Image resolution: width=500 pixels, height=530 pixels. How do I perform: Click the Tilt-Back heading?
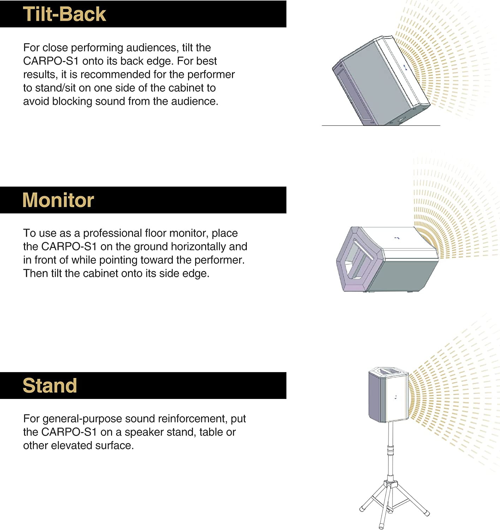pyautogui.click(x=64, y=14)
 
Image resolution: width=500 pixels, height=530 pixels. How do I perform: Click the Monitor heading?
pyautogui.click(x=58, y=200)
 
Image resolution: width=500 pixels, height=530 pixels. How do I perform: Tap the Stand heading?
pyautogui.click(x=50, y=385)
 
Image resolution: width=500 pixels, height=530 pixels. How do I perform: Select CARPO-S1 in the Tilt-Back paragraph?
pyautogui.click(x=51, y=61)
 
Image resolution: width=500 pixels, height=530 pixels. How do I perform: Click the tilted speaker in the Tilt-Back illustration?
pyautogui.click(x=381, y=81)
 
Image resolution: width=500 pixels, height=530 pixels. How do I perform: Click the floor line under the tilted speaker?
pyautogui.click(x=381, y=125)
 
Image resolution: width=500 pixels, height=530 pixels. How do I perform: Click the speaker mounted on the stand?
pyautogui.click(x=388, y=395)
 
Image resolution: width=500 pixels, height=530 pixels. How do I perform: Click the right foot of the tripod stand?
pyautogui.click(x=427, y=513)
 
